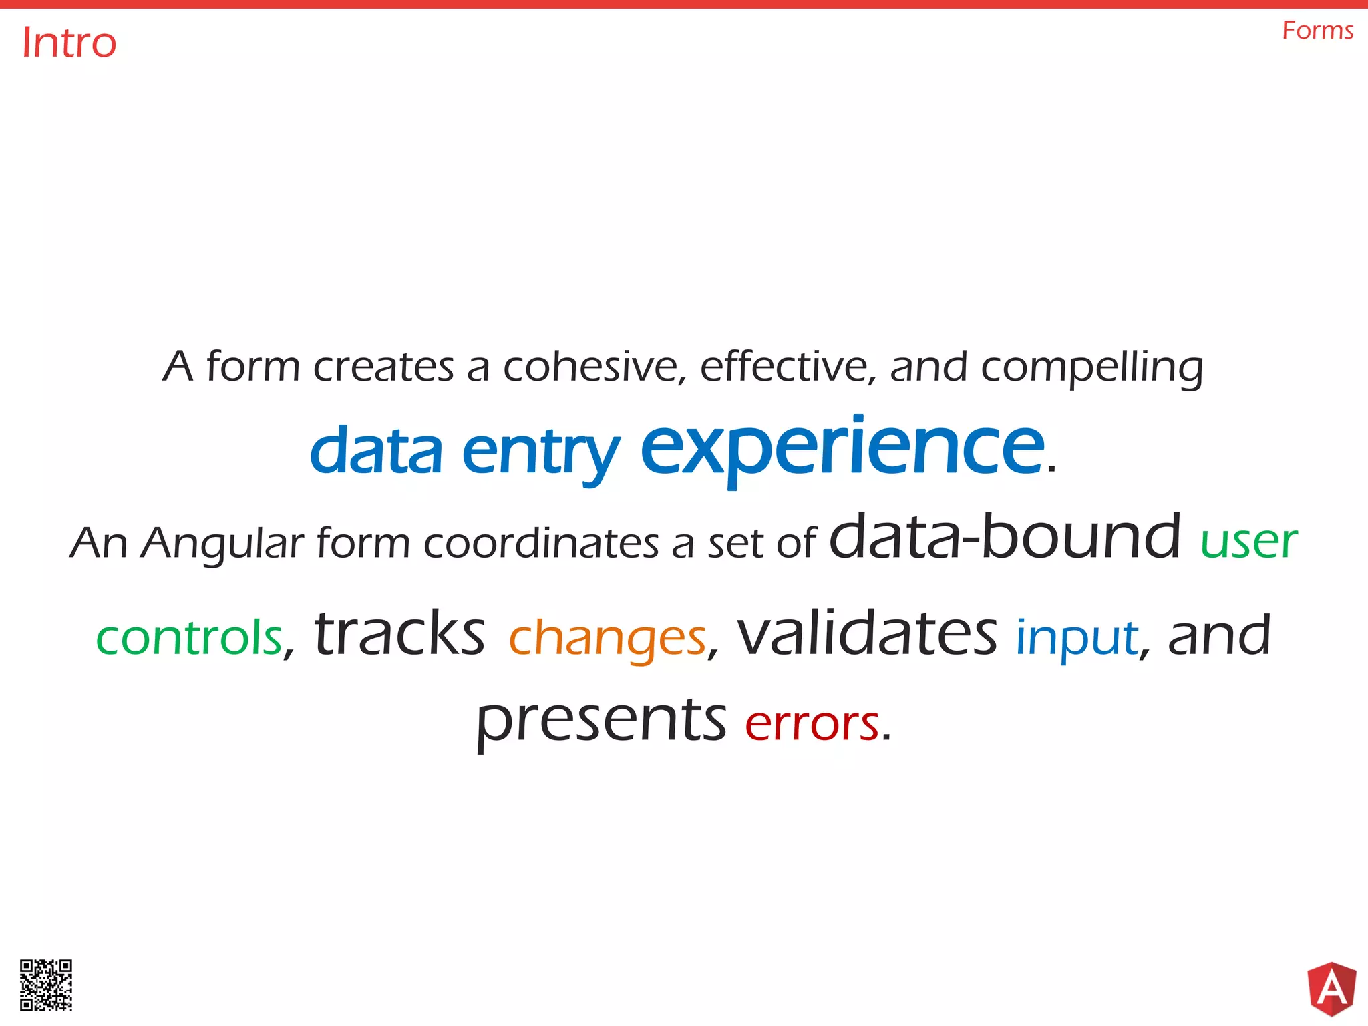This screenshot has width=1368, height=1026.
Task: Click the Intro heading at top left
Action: pos(69,43)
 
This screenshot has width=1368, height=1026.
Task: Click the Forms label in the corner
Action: pos(1317,31)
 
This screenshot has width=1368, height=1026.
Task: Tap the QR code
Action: pos(46,985)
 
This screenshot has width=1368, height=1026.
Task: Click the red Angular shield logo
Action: pos(1331,989)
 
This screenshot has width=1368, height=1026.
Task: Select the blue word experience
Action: pos(842,448)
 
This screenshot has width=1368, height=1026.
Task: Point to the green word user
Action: pos(1248,542)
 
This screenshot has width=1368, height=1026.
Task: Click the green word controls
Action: pos(190,637)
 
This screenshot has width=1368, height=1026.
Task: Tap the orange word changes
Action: pos(607,638)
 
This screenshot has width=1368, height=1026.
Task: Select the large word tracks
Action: pos(399,633)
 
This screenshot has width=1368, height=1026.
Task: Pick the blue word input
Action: pos(1077,638)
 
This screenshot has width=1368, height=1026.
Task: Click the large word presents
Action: pos(601,721)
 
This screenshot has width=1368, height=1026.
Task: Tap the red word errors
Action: pos(812,723)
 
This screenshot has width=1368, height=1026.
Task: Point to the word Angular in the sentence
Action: pos(222,544)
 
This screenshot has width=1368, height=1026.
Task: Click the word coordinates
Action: pos(541,543)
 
